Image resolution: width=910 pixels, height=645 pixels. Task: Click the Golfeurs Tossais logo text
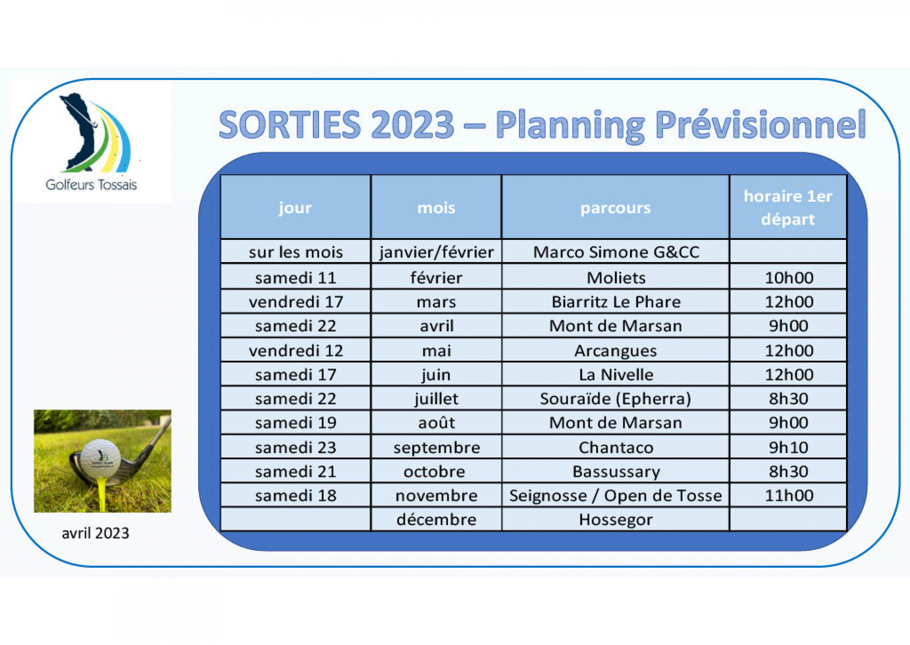click(x=91, y=184)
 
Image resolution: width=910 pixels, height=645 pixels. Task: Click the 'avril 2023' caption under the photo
click(x=95, y=533)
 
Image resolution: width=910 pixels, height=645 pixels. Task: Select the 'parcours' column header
click(x=616, y=208)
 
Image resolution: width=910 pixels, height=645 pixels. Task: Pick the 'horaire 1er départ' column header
click(x=788, y=208)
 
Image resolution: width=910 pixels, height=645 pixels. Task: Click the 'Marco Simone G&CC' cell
click(x=616, y=252)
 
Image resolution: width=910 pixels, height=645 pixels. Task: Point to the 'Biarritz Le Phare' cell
click(x=616, y=302)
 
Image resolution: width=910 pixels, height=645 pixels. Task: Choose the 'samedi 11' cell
click(x=296, y=278)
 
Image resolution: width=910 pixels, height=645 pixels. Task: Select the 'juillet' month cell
click(x=437, y=399)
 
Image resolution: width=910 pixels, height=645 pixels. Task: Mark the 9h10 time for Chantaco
click(x=789, y=447)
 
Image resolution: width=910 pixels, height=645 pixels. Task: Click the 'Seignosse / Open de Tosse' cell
click(x=616, y=496)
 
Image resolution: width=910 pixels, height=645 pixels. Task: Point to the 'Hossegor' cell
click(x=616, y=520)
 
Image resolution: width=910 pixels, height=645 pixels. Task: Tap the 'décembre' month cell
click(x=437, y=519)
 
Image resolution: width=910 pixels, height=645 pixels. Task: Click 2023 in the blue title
click(x=413, y=124)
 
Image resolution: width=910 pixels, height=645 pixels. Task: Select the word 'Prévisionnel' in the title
click(x=761, y=124)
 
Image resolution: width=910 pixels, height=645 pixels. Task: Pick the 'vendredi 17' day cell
click(x=296, y=302)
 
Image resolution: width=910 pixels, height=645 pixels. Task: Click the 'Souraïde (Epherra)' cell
click(x=616, y=399)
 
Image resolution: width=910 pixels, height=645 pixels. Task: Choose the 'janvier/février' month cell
click(x=437, y=252)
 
